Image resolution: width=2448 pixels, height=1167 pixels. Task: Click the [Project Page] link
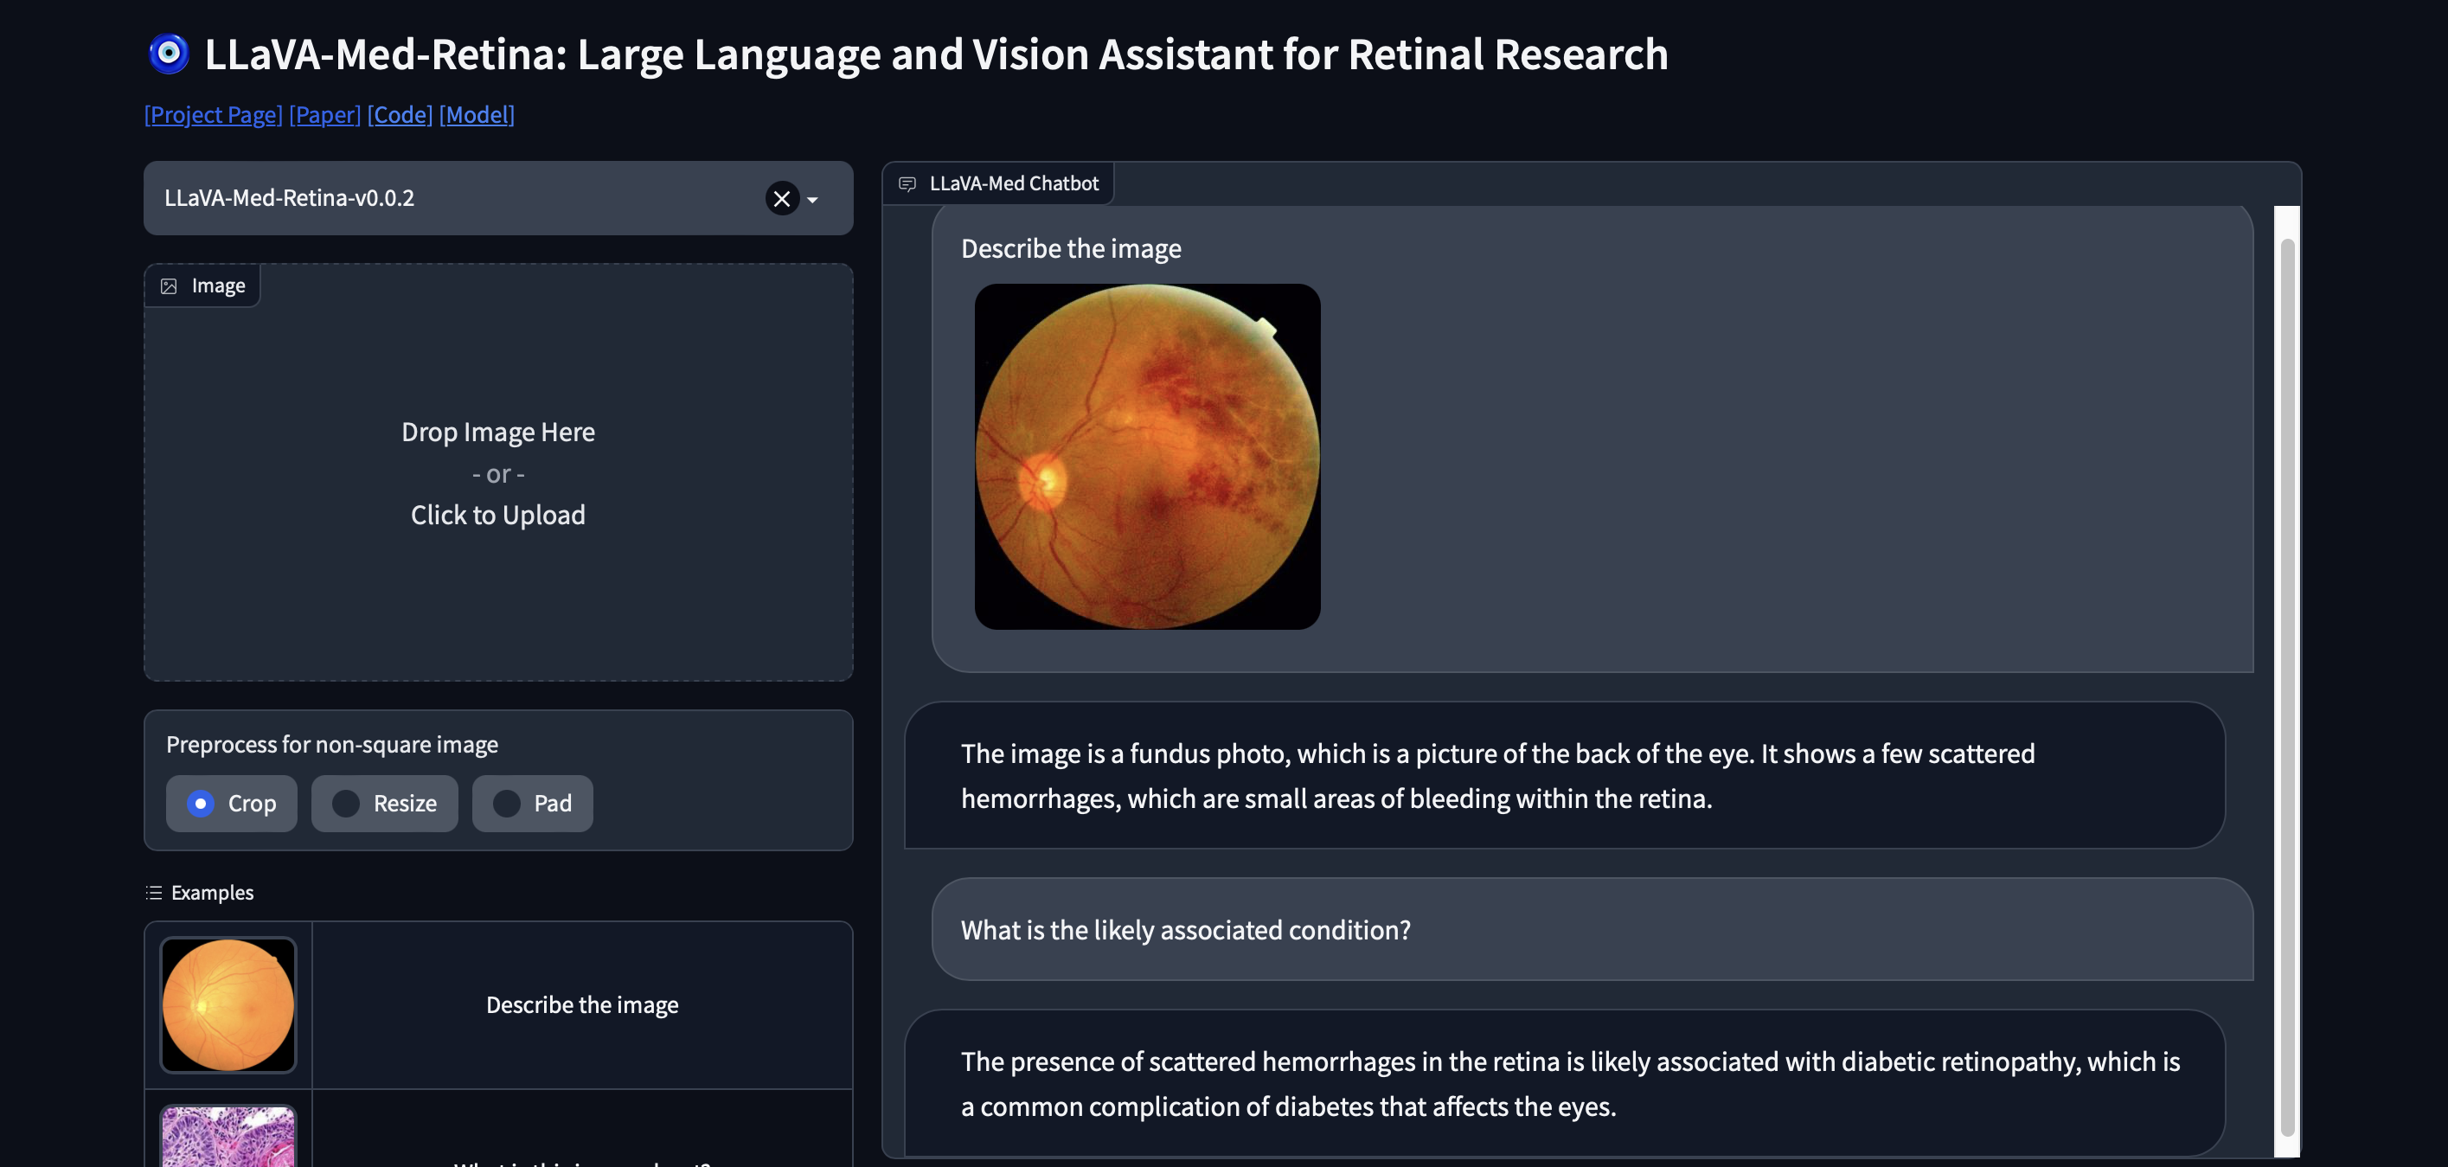click(x=213, y=115)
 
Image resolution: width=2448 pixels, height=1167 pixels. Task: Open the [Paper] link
click(x=325, y=115)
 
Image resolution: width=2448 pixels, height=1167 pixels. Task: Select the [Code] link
click(x=401, y=115)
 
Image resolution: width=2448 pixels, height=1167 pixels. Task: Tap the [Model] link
click(x=477, y=115)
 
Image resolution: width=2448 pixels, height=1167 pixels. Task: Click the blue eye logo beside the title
click(x=170, y=55)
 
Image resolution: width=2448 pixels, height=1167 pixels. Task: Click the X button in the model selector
click(x=782, y=199)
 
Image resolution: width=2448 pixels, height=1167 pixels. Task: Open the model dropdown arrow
click(x=812, y=200)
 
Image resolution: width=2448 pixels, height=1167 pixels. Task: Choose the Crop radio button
click(x=201, y=804)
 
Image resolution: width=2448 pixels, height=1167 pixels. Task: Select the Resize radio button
click(x=346, y=804)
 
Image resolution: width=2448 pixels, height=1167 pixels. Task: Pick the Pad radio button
click(x=507, y=804)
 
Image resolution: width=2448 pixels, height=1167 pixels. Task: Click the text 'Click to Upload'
click(x=498, y=515)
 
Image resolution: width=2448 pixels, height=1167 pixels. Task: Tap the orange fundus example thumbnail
click(x=228, y=1004)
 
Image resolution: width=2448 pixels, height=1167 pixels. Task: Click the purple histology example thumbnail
click(x=228, y=1138)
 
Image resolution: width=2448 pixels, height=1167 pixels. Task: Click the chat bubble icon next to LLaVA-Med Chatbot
click(x=907, y=183)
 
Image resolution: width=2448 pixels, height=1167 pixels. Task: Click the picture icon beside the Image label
click(x=170, y=286)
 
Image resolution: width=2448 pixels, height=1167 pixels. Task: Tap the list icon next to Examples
click(x=154, y=893)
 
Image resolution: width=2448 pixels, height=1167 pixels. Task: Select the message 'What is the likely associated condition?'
click(x=1185, y=929)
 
